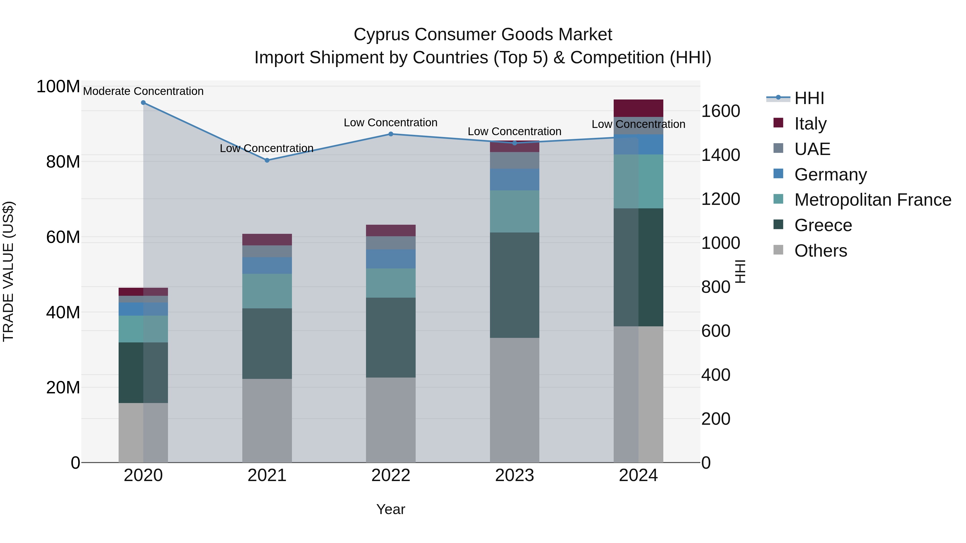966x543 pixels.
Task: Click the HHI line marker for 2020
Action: (143, 103)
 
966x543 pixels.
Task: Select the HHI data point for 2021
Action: (267, 160)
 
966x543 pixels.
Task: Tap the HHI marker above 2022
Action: (391, 134)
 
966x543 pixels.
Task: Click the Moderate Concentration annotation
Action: (143, 91)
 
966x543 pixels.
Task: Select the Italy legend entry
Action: (810, 124)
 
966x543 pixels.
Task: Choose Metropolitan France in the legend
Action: (873, 200)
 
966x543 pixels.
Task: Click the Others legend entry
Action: (821, 251)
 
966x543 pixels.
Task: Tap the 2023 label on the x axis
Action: (514, 475)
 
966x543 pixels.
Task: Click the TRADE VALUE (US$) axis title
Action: (8, 271)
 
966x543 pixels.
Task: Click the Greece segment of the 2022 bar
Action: (391, 337)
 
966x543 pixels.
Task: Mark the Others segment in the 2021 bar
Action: (267, 420)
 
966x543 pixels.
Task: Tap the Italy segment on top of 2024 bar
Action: (638, 108)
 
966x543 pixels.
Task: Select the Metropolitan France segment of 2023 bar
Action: (514, 211)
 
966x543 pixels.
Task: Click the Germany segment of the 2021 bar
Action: (267, 265)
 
